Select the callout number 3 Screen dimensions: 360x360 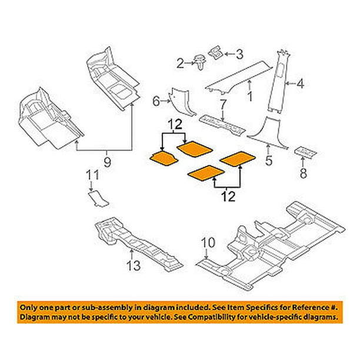click(x=239, y=55)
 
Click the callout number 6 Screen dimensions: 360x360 click(x=156, y=102)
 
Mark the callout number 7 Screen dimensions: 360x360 click(x=223, y=106)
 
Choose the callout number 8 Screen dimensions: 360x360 click(x=303, y=174)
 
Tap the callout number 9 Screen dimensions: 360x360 click(x=106, y=159)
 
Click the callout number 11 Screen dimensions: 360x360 click(x=92, y=175)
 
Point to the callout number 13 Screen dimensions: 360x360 click(x=135, y=266)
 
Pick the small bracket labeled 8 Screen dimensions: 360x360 click(x=304, y=151)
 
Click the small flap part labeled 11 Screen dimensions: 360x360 click(x=97, y=197)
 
